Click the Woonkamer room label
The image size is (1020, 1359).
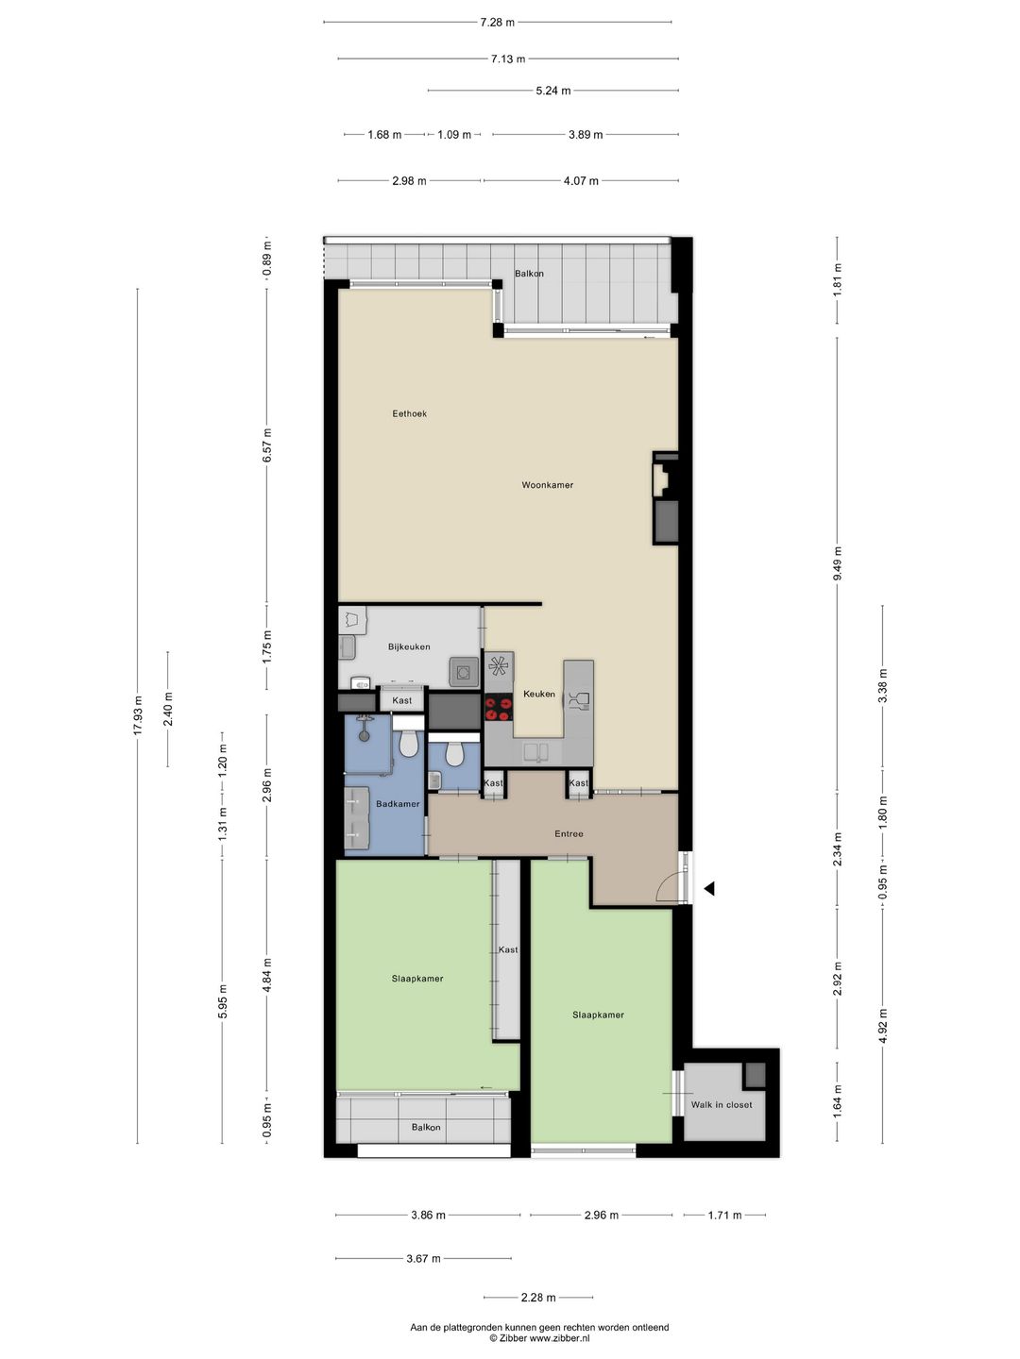pyautogui.click(x=547, y=485)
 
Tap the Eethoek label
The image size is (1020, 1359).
pyautogui.click(x=410, y=413)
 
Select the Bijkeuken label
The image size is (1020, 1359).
pyautogui.click(x=409, y=646)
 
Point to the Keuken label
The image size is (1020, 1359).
pyautogui.click(x=539, y=694)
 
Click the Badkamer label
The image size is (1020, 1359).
pyautogui.click(x=398, y=804)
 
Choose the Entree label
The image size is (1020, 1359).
pyautogui.click(x=569, y=833)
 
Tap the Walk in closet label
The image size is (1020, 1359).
pyautogui.click(x=722, y=1104)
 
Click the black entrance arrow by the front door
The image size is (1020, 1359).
pyautogui.click(x=708, y=888)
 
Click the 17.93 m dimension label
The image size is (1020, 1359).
pyautogui.click(x=138, y=714)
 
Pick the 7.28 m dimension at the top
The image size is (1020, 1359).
pyautogui.click(x=497, y=22)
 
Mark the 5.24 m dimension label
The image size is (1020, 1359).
pyautogui.click(x=553, y=91)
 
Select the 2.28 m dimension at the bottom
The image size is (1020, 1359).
pyautogui.click(x=538, y=1297)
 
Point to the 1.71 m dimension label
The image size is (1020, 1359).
pyautogui.click(x=724, y=1215)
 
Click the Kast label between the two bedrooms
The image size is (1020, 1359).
pyautogui.click(x=508, y=949)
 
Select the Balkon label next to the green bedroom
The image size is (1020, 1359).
pyautogui.click(x=426, y=1127)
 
